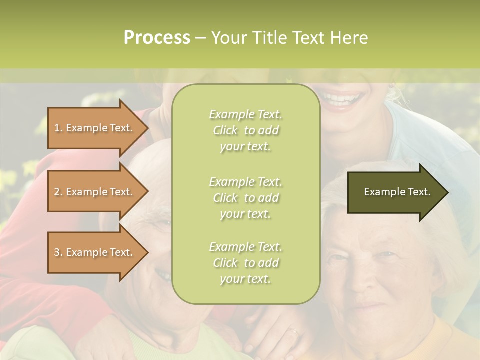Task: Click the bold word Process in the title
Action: [x=157, y=38]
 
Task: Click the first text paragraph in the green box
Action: [x=245, y=130]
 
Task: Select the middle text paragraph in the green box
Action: [x=245, y=198]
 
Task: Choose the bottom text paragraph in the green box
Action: [x=245, y=263]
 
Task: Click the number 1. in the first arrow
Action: [x=58, y=128]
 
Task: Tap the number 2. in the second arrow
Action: [x=58, y=192]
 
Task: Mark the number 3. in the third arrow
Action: [x=58, y=252]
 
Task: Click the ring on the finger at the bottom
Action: [x=294, y=331]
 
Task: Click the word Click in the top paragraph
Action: [x=225, y=130]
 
